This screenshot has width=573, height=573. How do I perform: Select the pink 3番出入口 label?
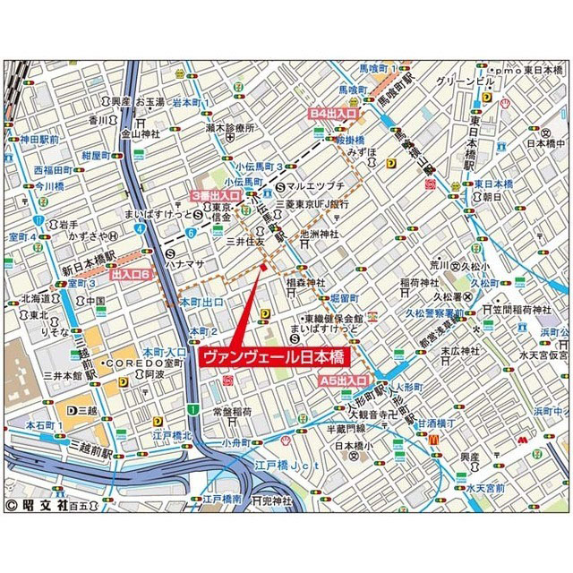217,194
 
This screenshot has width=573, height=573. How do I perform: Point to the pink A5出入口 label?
345,381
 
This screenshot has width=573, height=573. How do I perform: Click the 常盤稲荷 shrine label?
237,413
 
